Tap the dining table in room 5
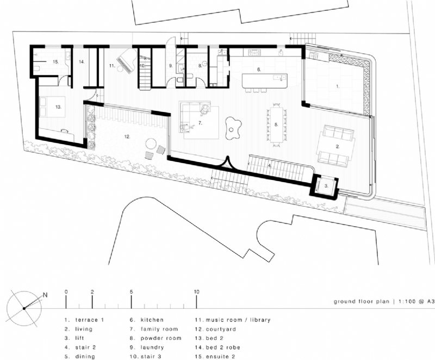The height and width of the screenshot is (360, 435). (x=277, y=125)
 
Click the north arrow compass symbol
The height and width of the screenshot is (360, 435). (x=24, y=308)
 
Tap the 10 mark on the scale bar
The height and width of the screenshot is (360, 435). (x=197, y=293)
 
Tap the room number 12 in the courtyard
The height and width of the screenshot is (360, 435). (x=127, y=137)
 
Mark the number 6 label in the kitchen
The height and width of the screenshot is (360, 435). (x=259, y=69)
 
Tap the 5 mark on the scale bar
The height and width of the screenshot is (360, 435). (x=132, y=293)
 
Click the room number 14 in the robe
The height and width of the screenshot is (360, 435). (x=82, y=63)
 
